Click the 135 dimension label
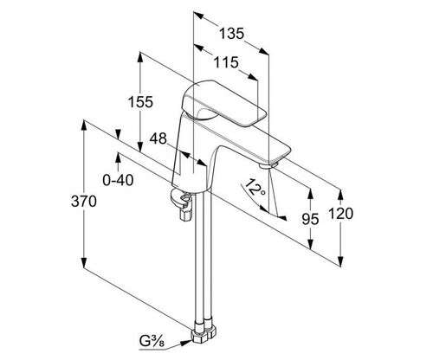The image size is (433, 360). tap(232, 34)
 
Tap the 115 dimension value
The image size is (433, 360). tap(226, 62)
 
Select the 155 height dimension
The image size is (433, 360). tap(140, 102)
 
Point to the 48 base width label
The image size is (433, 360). tap(158, 138)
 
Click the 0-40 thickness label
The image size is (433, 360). tap(118, 181)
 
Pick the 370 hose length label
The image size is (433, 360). tap(84, 201)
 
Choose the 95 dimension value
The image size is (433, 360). tap(310, 219)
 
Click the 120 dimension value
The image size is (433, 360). tap(340, 214)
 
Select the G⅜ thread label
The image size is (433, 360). tap(152, 342)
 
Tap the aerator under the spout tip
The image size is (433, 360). tap(268, 165)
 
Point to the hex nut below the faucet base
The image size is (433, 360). tap(186, 215)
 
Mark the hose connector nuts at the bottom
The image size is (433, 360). tap(204, 334)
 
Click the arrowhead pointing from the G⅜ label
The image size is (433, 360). tap(186, 343)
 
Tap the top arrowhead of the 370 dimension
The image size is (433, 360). tap(84, 126)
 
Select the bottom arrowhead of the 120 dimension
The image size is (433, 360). tap(341, 260)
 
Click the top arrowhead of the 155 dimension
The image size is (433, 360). tap(140, 58)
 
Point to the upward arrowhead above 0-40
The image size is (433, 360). tap(118, 158)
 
